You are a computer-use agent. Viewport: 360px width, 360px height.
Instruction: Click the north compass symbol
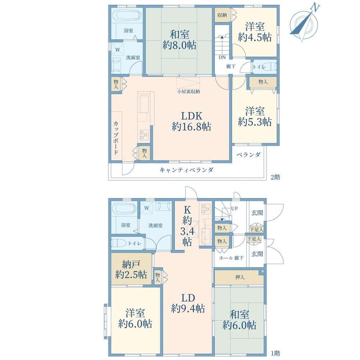pyautogui.click(x=304, y=23)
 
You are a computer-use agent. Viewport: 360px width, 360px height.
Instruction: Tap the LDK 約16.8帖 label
pyautogui.click(x=191, y=121)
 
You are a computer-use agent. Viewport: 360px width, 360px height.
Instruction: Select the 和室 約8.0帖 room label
pyautogui.click(x=180, y=40)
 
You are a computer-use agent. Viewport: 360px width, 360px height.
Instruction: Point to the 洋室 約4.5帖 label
pyautogui.click(x=255, y=32)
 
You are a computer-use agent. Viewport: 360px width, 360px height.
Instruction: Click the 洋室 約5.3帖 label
pyautogui.click(x=255, y=116)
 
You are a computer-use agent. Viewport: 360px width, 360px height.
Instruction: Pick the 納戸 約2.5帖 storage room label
pyautogui.click(x=131, y=270)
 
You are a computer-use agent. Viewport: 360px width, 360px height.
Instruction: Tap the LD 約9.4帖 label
pyautogui.click(x=188, y=303)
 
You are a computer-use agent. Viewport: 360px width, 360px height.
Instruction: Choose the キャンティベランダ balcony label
pyautogui.click(x=186, y=170)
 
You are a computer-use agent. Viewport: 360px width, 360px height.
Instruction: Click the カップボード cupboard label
pyautogui.click(x=116, y=137)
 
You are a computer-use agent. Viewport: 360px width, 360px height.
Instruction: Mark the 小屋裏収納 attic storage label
pyautogui.click(x=188, y=92)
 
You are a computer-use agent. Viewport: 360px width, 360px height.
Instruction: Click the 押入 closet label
pyautogui.click(x=240, y=277)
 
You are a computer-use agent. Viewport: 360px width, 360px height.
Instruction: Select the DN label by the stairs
pyautogui.click(x=222, y=58)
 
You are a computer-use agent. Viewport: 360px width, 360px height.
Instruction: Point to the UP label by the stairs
pyautogui.click(x=234, y=209)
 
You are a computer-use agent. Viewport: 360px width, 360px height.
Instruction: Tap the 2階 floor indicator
pyautogui.click(x=275, y=177)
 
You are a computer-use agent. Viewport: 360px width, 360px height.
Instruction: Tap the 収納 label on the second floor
pyautogui.click(x=222, y=15)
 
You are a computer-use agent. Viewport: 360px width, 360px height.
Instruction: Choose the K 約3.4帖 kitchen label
pyautogui.click(x=187, y=226)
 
